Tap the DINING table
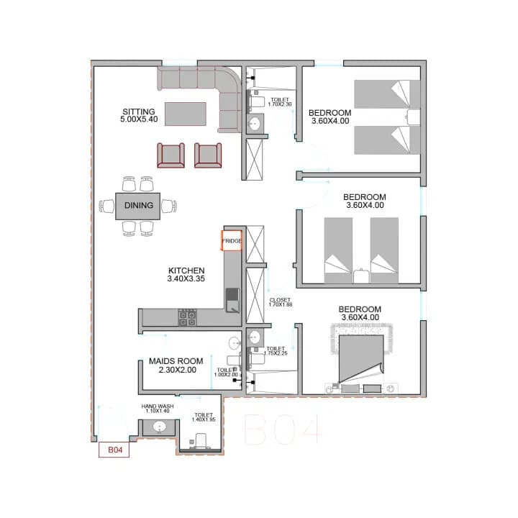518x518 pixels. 138,206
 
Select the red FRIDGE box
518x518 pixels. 232,240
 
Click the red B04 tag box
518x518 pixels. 115,450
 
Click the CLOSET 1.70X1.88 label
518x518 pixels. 280,302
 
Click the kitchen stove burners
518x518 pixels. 188,317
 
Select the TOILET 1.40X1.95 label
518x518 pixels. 204,417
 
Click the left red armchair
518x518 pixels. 171,155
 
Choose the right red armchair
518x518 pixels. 208,155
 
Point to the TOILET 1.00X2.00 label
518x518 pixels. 226,372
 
